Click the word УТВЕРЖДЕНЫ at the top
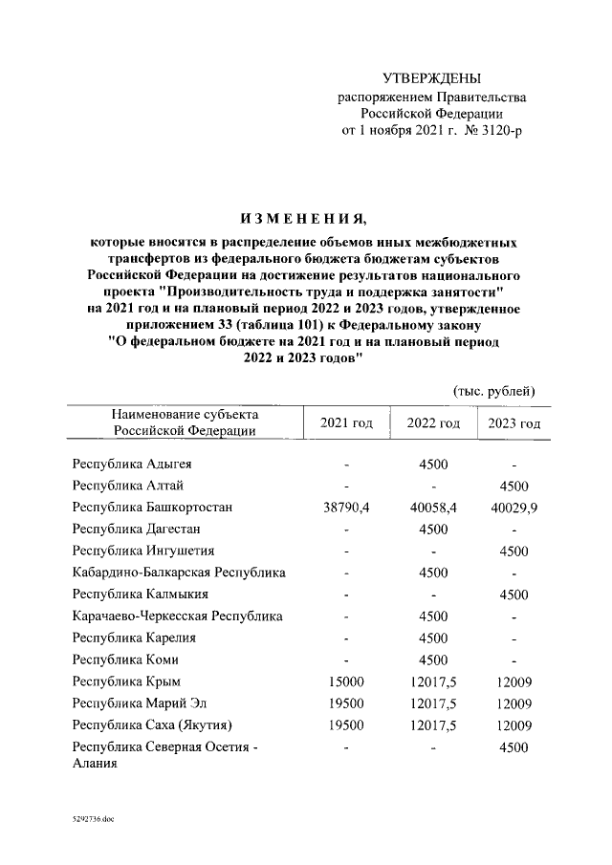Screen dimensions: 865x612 pyautogui.click(x=431, y=77)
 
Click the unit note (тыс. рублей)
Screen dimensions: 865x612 pyautogui.click(x=493, y=391)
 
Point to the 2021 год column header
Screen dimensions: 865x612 pyautogui.click(x=345, y=423)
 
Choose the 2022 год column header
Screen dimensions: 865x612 pyautogui.click(x=433, y=423)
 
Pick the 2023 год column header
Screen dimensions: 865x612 pyautogui.click(x=514, y=423)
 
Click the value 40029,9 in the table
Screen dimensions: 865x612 pyautogui.click(x=514, y=508)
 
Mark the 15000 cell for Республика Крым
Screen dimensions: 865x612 pyautogui.click(x=345, y=681)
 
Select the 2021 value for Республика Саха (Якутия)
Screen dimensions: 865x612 pyautogui.click(x=345, y=725)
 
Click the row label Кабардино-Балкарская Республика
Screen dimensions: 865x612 pyautogui.click(x=179, y=573)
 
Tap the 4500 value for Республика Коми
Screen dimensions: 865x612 pyautogui.click(x=433, y=660)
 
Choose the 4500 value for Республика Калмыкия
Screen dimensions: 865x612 pyautogui.click(x=514, y=595)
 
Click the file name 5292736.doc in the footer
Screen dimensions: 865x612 pyautogui.click(x=91, y=820)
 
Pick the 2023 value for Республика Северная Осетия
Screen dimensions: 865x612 pyautogui.click(x=514, y=747)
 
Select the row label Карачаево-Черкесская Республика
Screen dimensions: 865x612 pyautogui.click(x=177, y=616)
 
